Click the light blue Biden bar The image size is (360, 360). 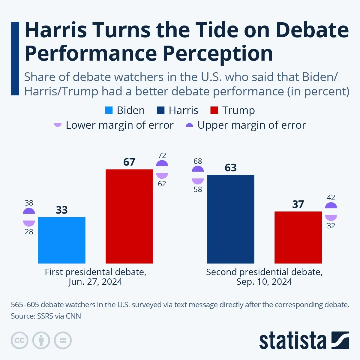(x=62, y=240)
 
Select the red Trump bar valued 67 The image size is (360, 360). (x=129, y=216)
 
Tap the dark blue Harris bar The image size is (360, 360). (x=231, y=219)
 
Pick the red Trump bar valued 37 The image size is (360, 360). (x=298, y=237)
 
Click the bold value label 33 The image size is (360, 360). (x=62, y=210)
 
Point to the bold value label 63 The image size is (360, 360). (x=231, y=168)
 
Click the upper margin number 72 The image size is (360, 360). (x=162, y=155)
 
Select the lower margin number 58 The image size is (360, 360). (x=198, y=190)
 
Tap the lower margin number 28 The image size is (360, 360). (x=29, y=232)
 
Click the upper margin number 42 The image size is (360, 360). (x=331, y=197)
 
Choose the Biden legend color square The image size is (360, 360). (x=109, y=110)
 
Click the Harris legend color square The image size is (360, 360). (x=161, y=110)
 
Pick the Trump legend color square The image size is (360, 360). (x=214, y=110)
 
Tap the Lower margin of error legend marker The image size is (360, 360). (x=58, y=125)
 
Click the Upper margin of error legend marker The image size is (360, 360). (x=189, y=125)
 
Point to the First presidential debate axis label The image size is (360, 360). (x=95, y=272)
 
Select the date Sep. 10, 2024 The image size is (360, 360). (x=264, y=282)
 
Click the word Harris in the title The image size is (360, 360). (x=56, y=30)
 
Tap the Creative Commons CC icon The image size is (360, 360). (x=19, y=340)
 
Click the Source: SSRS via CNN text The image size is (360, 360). (x=46, y=316)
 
